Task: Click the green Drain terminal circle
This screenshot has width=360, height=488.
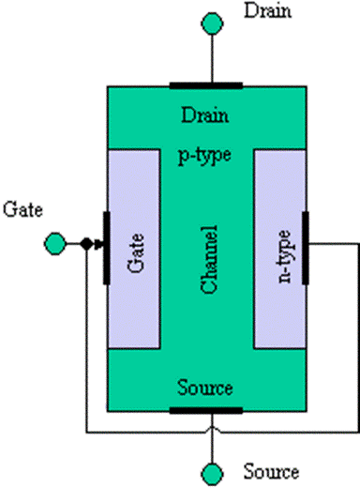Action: (x=212, y=23)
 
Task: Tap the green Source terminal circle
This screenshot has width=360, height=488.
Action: (x=212, y=474)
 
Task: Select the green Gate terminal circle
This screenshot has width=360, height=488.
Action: (x=55, y=244)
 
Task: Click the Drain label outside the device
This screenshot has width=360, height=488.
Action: (x=267, y=10)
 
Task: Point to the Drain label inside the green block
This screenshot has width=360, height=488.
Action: (x=205, y=114)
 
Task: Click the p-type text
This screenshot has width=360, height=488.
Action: (x=204, y=156)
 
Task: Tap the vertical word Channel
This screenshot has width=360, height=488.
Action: (x=209, y=260)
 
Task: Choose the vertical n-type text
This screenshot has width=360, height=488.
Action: (x=284, y=256)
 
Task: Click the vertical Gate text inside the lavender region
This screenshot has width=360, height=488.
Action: (x=136, y=253)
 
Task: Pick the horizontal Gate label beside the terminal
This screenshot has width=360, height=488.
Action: (x=22, y=209)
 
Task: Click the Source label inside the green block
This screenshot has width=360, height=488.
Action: (x=205, y=388)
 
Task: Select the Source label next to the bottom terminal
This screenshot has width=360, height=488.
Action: (x=271, y=471)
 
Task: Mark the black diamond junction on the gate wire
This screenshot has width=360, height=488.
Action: (x=86, y=244)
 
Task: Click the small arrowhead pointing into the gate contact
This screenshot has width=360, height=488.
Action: (x=98, y=244)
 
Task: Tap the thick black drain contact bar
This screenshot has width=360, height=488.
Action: (x=206, y=85)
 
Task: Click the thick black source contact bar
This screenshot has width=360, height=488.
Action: (x=206, y=410)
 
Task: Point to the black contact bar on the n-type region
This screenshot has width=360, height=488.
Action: (x=306, y=248)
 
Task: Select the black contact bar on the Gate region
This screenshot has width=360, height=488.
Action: (x=107, y=248)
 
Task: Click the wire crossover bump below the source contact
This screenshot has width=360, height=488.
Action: (x=212, y=429)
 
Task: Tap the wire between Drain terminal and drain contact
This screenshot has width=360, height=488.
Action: (x=212, y=58)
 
